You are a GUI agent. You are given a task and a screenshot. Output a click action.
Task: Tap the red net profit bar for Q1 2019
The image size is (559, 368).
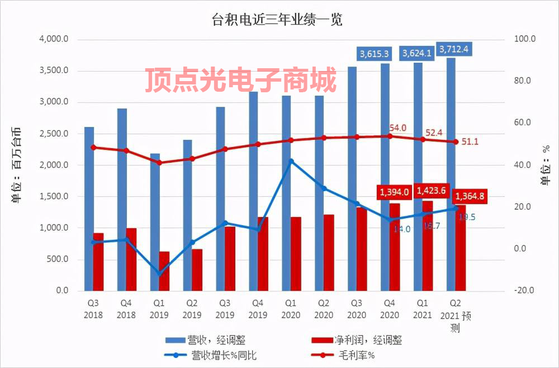pyautogui.click(x=164, y=271)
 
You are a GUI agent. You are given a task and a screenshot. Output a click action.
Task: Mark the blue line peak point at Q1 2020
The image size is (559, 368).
pyautogui.click(x=291, y=161)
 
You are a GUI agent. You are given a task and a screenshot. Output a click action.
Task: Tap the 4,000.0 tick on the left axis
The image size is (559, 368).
pyautogui.click(x=54, y=40)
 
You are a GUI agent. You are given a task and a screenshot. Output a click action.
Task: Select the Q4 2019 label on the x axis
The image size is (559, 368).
pyautogui.click(x=257, y=309)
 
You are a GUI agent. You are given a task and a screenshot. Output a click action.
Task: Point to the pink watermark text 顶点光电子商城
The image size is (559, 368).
pyautogui.click(x=241, y=80)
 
